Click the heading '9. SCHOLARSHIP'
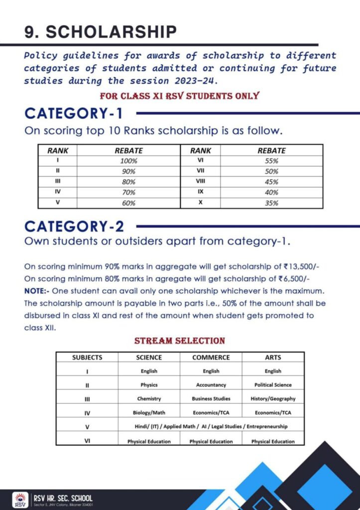click(100, 32)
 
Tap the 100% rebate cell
click(128, 161)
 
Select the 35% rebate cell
click(271, 203)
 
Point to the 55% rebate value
click(271, 161)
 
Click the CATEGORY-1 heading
click(73, 113)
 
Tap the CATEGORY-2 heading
click(74, 226)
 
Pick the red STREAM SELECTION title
click(180, 341)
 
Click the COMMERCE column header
click(211, 357)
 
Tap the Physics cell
click(149, 385)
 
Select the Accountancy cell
click(211, 385)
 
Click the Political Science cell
click(273, 385)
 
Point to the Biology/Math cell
click(149, 412)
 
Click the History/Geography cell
click(273, 398)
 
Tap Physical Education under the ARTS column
click(273, 441)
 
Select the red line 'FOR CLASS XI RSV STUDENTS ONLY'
click(179, 96)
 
